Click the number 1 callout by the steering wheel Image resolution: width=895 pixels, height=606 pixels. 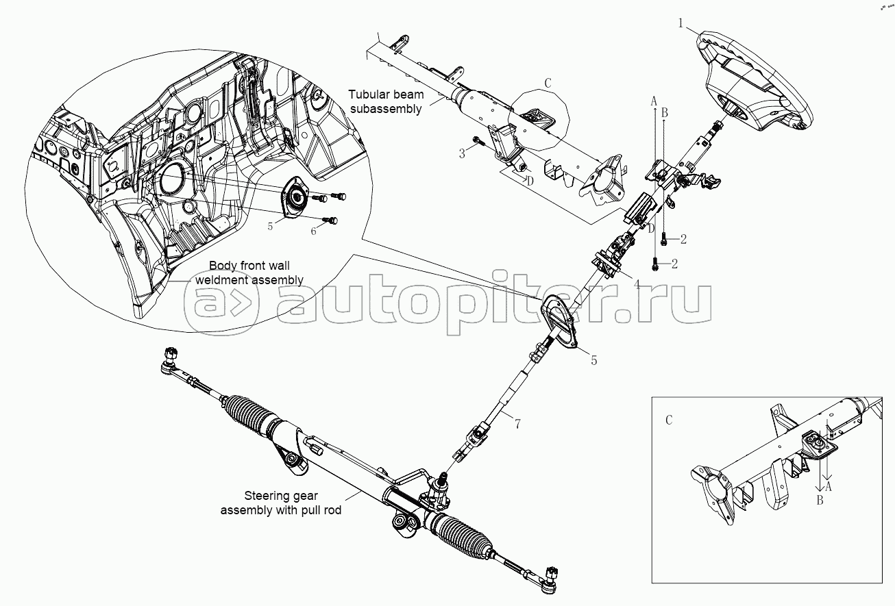[681, 23]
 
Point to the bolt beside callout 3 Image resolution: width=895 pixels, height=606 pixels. [478, 144]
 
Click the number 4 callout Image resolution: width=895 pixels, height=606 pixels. [637, 283]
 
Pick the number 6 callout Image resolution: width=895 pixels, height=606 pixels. [314, 231]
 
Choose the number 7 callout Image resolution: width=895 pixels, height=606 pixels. [517, 425]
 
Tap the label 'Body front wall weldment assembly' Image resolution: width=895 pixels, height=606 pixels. [249, 273]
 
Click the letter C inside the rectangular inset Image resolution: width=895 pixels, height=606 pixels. [669, 420]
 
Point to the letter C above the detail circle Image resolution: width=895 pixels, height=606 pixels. [547, 84]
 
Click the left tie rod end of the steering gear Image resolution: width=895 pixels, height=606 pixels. [169, 361]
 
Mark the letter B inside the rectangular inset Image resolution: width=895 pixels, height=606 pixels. [820, 501]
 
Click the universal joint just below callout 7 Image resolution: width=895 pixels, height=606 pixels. [475, 438]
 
